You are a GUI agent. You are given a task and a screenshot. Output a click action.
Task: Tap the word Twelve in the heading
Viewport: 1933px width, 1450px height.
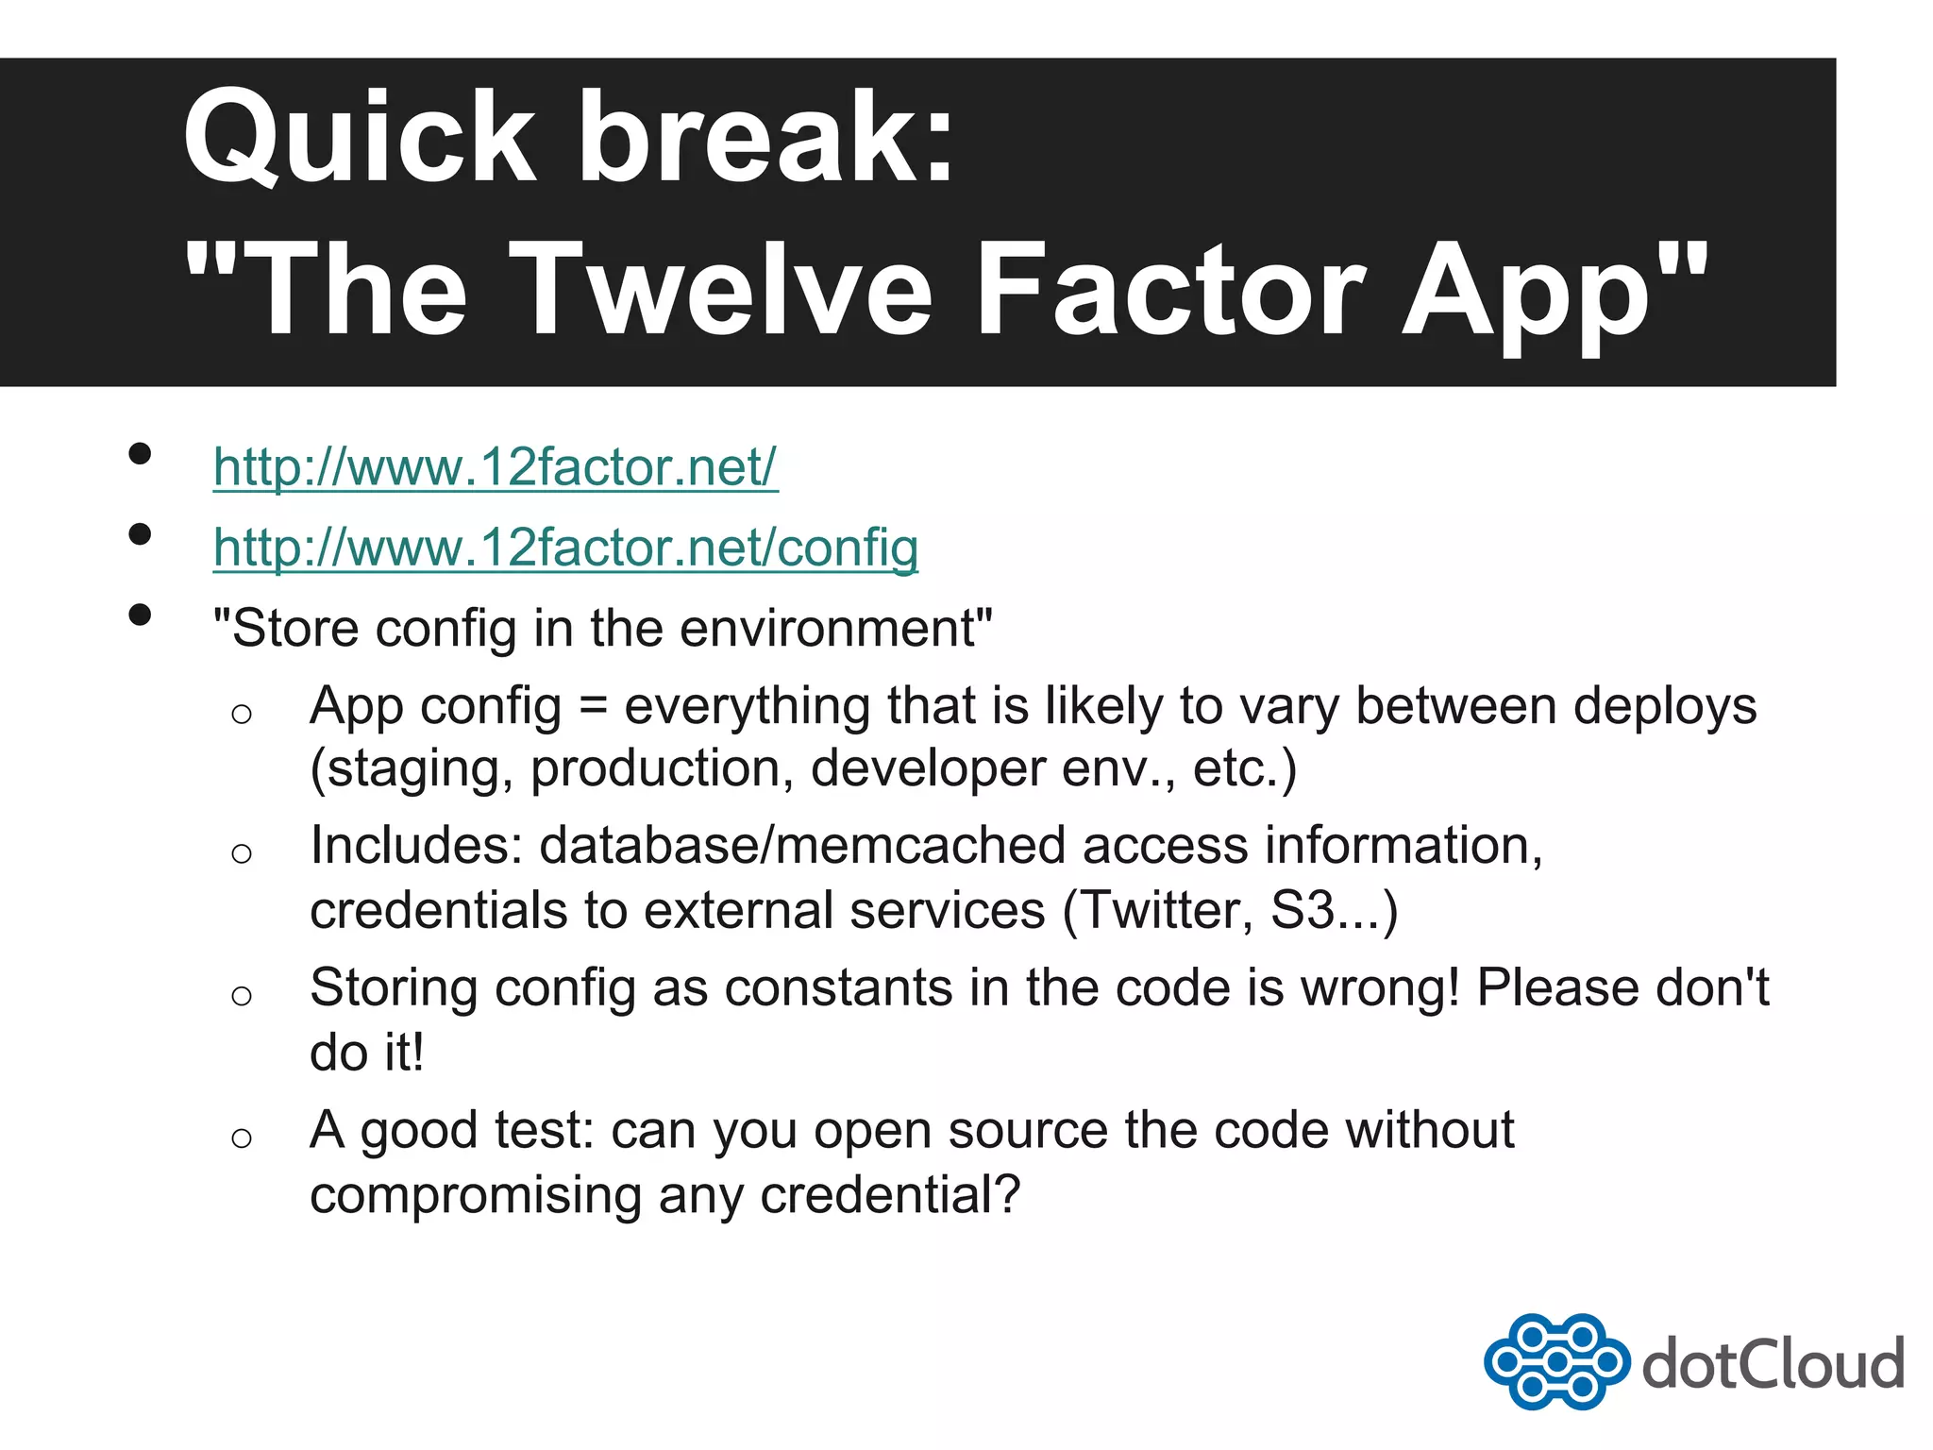click(x=727, y=291)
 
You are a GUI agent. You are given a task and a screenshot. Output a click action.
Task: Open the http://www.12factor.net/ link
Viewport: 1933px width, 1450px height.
click(x=496, y=467)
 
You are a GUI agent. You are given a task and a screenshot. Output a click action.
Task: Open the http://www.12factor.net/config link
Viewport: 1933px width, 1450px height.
click(x=565, y=548)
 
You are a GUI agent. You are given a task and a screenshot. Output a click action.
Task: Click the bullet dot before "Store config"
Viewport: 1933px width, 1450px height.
click(x=140, y=615)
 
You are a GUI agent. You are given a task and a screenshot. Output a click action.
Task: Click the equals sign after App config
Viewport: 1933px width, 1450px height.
click(x=593, y=706)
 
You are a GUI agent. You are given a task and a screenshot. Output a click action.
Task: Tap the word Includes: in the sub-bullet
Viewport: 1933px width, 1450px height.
click(x=416, y=846)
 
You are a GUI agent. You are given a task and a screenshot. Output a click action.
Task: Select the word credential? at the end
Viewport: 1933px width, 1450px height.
click(x=891, y=1195)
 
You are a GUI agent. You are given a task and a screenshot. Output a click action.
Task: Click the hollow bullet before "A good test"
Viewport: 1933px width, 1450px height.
click(x=242, y=1138)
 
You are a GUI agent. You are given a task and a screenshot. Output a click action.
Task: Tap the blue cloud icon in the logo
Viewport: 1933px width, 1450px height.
click(x=1556, y=1361)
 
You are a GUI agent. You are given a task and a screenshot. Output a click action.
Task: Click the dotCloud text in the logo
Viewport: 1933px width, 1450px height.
click(x=1773, y=1365)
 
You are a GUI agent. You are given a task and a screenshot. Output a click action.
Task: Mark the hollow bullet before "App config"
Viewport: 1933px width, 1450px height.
click(x=242, y=714)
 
